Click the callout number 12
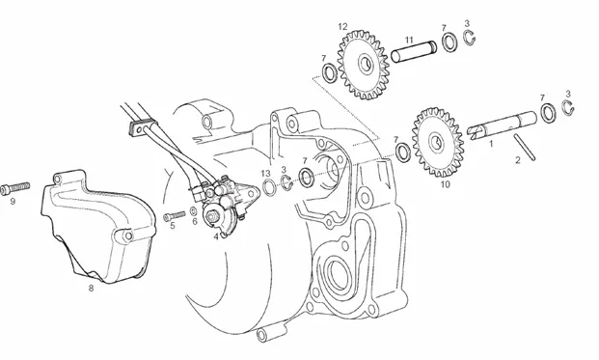[342, 27]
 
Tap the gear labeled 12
[364, 66]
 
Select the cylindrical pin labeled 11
[414, 51]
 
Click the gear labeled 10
[438, 142]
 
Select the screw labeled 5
[174, 215]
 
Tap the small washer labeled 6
[194, 211]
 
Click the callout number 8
[91, 289]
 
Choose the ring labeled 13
[269, 187]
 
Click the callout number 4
[216, 236]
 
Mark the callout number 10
[446, 184]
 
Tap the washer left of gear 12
[329, 73]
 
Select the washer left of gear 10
[403, 152]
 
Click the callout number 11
[409, 40]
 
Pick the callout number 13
[265, 174]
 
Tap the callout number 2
[518, 160]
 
